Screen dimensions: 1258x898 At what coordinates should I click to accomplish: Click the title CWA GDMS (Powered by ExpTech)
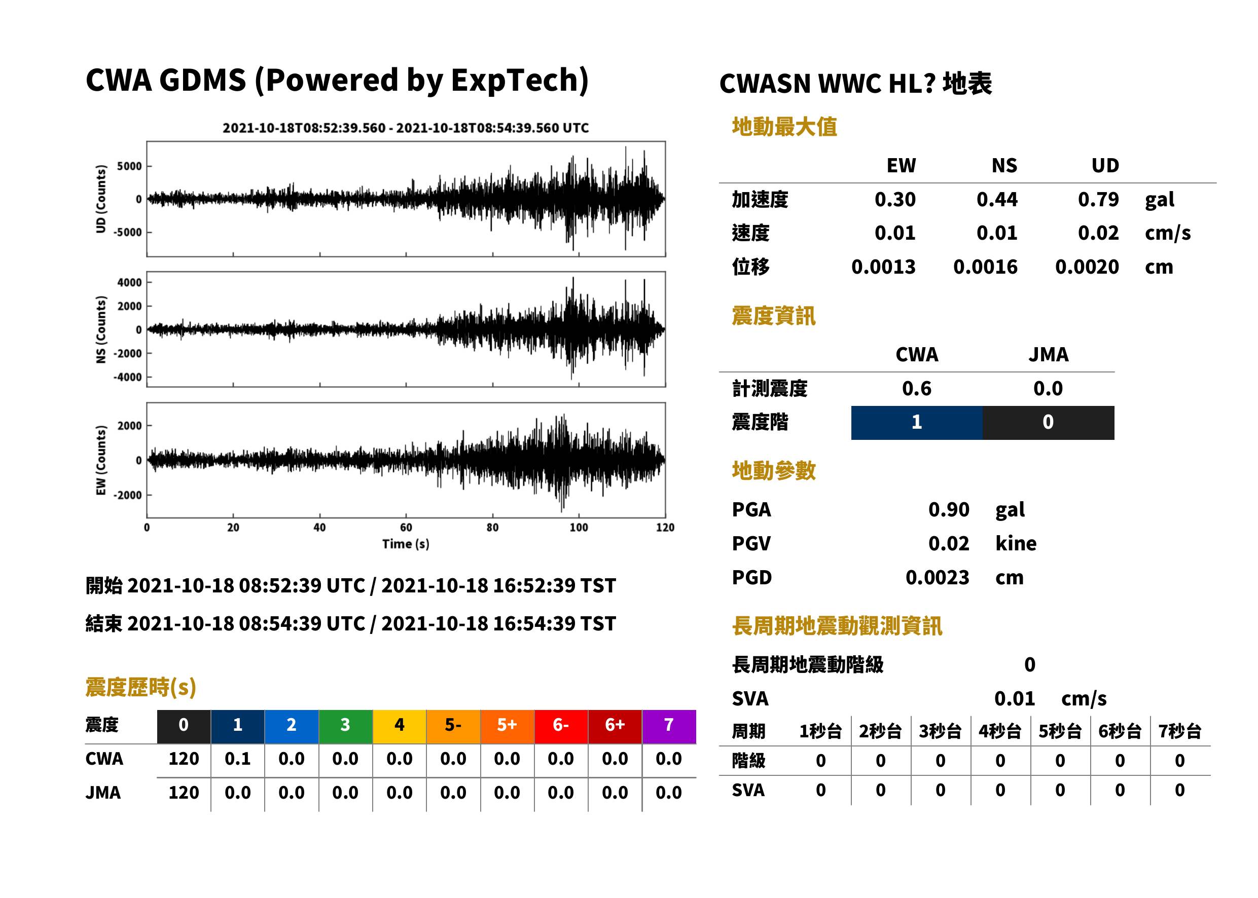(337, 80)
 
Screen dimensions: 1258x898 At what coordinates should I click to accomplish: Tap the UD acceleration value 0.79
(1098, 199)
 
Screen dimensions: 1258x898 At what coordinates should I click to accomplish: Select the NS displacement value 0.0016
(985, 267)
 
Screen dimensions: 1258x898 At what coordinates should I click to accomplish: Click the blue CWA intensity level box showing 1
(917, 423)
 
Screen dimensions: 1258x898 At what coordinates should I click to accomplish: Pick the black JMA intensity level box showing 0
(1049, 423)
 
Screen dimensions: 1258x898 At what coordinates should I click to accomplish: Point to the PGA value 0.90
(949, 509)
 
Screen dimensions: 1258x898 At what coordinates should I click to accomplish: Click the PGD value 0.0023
(937, 577)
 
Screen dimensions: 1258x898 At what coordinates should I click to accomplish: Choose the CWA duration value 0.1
(237, 759)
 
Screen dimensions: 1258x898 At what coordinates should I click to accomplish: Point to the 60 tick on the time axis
(406, 528)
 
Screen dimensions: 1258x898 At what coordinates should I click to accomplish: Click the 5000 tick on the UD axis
(129, 166)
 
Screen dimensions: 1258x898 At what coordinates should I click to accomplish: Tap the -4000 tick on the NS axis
(128, 377)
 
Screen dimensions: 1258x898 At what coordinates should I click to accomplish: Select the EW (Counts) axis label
(101, 460)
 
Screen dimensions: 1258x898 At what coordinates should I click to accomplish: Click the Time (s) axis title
(406, 544)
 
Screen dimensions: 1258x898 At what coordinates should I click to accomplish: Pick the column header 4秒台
(999, 732)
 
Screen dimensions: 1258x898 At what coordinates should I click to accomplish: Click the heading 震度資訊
(773, 316)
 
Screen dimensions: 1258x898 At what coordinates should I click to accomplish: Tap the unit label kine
(1016, 544)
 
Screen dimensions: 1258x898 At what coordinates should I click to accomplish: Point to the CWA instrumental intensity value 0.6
(917, 389)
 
